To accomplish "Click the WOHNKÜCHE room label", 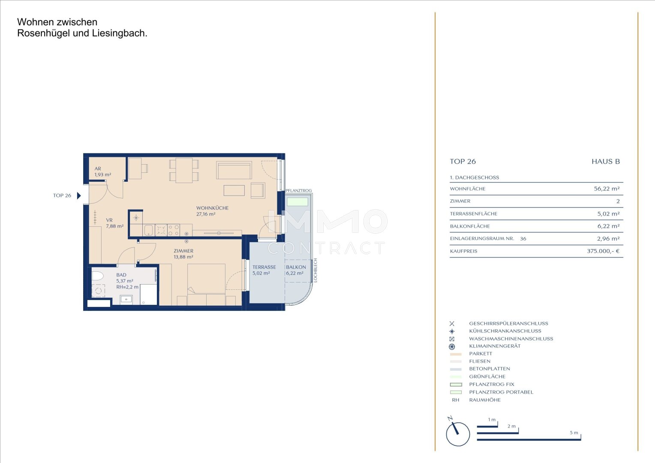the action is [x=212, y=208].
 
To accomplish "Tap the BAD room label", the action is [x=121, y=275].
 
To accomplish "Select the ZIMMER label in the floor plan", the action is [x=183, y=251].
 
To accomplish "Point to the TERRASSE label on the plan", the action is [x=264, y=267].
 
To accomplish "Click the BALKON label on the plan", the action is [x=296, y=267].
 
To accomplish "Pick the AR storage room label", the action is [x=98, y=169].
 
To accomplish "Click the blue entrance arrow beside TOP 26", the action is [x=78, y=195].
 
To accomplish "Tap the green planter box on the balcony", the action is [x=297, y=202].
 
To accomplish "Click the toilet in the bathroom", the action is [x=98, y=276].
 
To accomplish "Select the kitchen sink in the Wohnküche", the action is [x=149, y=230].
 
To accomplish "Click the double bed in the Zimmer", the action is [x=207, y=285].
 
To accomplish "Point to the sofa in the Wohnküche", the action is [x=234, y=170].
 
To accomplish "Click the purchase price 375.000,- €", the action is [x=603, y=251].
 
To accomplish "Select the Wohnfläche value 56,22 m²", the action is [x=607, y=189].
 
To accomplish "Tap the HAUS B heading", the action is [x=606, y=162].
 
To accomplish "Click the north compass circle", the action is [x=458, y=434].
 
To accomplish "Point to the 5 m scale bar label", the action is [x=574, y=433].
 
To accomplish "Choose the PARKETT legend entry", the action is [x=481, y=354].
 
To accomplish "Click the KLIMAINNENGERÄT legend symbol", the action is [x=452, y=346].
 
